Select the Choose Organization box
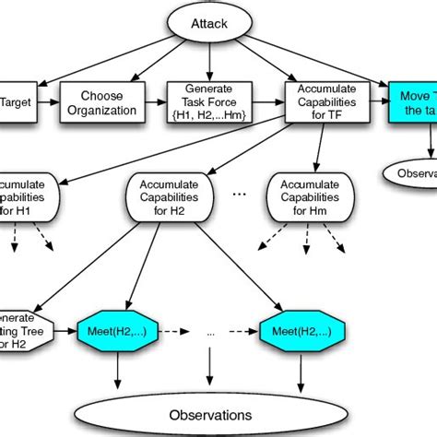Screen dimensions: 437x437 102,102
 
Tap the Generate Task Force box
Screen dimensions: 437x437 211,102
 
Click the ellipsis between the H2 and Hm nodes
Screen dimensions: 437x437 239,195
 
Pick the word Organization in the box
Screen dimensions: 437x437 102,110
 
